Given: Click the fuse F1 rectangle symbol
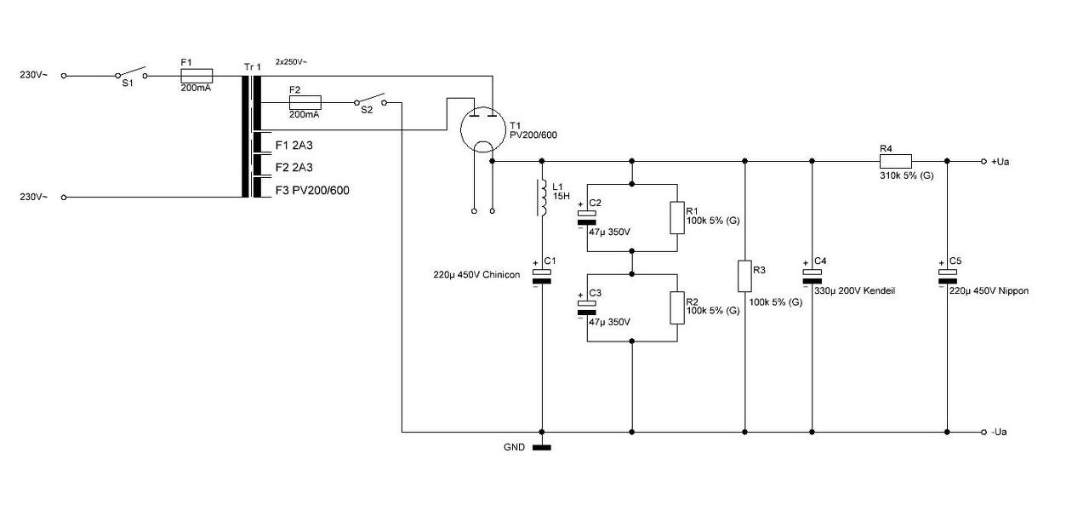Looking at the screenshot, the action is pos(197,76).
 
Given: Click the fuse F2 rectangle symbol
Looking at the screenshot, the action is pos(305,103).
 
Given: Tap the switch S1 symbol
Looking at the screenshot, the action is pos(131,73).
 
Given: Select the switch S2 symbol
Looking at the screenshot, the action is pos(370,100).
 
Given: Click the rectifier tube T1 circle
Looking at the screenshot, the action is pos(483,129).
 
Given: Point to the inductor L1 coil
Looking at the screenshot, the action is pos(541,198).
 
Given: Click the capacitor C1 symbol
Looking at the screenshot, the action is pos(542,277).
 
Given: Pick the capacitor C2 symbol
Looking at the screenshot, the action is pos(587,218).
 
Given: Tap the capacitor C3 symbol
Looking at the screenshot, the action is pos(587,308).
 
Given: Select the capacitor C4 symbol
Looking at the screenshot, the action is pos(812,277).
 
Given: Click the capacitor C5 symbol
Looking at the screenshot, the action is pos(947,277).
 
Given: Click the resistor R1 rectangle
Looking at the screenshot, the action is pos(677,218).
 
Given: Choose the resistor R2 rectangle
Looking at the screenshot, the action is pos(677,308).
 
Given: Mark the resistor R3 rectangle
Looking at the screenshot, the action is pos(744,276).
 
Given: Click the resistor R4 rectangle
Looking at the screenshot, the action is pos(896,161).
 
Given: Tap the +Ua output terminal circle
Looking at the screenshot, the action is pos(984,161).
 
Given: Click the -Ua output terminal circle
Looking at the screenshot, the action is pos(984,432).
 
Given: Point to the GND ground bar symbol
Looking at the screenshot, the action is pos(542,448).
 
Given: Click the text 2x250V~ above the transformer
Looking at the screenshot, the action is pos(291,62).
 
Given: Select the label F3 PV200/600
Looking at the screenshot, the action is pos(312,190).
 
